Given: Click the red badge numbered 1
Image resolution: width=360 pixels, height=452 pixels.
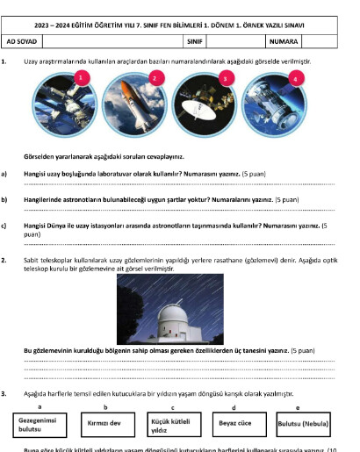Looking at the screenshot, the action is click(81, 77).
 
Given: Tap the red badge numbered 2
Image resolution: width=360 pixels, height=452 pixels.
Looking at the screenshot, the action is click(155, 77).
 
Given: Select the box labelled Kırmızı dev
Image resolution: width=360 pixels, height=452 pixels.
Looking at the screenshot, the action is click(105, 422).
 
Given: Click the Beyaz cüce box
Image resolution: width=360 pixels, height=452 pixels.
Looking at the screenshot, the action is click(234, 422).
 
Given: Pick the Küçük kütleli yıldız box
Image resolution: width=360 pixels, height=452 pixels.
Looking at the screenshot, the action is click(171, 426).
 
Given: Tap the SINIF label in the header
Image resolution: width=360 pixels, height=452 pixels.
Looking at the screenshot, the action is click(193, 41).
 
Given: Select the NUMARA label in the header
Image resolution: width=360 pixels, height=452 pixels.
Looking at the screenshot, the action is click(284, 41).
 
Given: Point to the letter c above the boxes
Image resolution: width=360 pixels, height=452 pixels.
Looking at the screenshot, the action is click(172, 407).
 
